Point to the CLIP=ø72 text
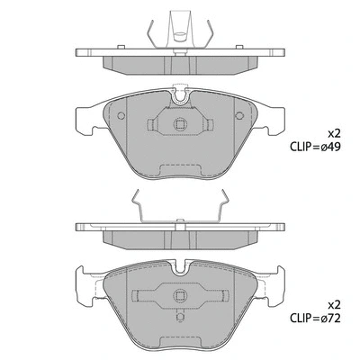pyautogui.click(x=319, y=319)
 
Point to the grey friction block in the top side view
pyautogui.click(x=181, y=62)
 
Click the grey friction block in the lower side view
pyautogui.click(x=181, y=238)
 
